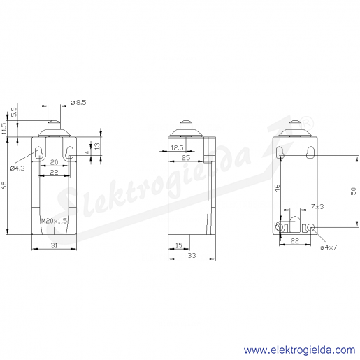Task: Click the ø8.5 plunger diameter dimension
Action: coord(78,102)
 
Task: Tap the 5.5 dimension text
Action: coord(14,112)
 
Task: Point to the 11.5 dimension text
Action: coord(4,129)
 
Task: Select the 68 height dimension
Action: coord(4,185)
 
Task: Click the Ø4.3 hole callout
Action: coord(17,168)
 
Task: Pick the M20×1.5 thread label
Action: coord(54,221)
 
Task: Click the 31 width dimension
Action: coord(54,245)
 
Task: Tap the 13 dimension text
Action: coord(97,146)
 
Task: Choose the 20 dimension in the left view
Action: coord(54,162)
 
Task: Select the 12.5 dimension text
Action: coord(177,147)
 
